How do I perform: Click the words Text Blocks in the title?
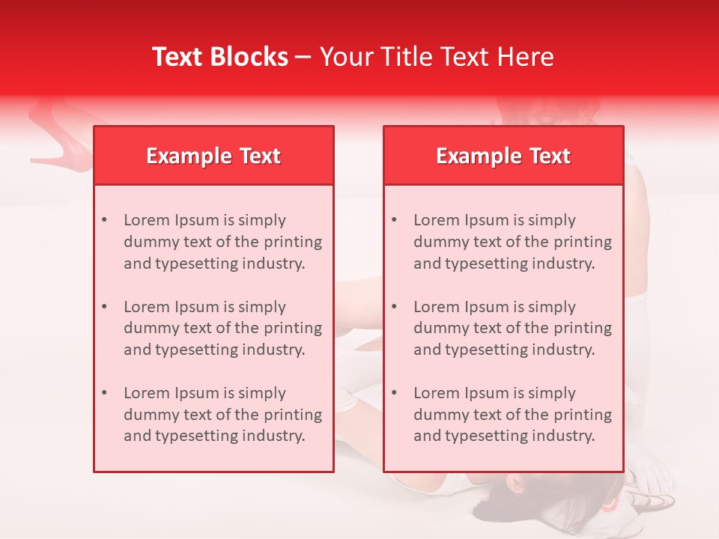(x=220, y=57)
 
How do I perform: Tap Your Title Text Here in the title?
(x=437, y=57)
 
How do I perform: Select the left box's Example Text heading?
(x=213, y=156)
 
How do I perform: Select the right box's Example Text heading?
(x=503, y=156)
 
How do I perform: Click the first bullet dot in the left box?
(x=104, y=220)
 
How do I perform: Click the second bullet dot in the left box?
(x=104, y=307)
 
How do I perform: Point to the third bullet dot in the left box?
(x=104, y=393)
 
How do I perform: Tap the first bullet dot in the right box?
(x=394, y=220)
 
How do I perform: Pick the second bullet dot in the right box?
(x=394, y=307)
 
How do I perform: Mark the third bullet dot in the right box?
(x=394, y=393)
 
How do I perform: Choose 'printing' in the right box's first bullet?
(x=583, y=242)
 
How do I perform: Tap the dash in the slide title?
(x=303, y=57)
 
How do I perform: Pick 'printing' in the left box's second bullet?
(x=294, y=328)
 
